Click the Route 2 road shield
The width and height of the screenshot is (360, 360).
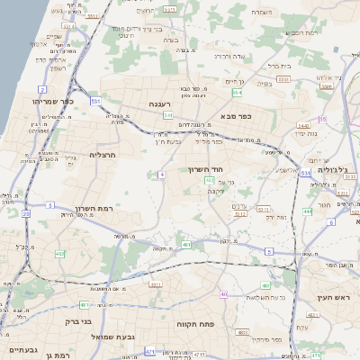[x=41, y=89]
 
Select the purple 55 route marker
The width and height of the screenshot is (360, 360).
[x=322, y=119]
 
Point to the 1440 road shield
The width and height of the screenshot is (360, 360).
[x=303, y=126]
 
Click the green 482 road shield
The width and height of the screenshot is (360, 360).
[x=185, y=244]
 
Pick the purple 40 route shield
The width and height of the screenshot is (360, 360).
[x=223, y=293]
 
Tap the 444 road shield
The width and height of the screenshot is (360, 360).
[x=307, y=211]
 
